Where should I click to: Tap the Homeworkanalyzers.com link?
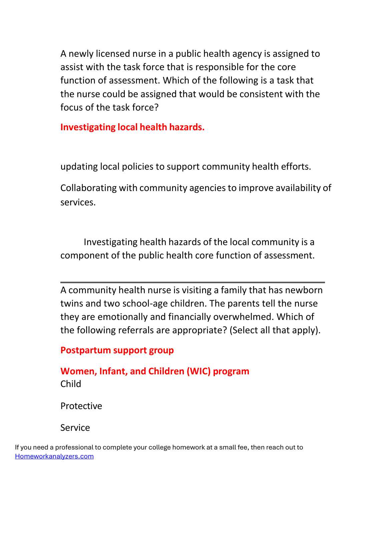(x=54, y=457)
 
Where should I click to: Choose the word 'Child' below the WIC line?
(x=71, y=384)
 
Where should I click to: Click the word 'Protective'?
(x=81, y=406)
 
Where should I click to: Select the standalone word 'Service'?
(x=75, y=428)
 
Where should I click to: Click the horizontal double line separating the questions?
(x=192, y=283)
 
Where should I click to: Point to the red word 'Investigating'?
(x=88, y=127)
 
